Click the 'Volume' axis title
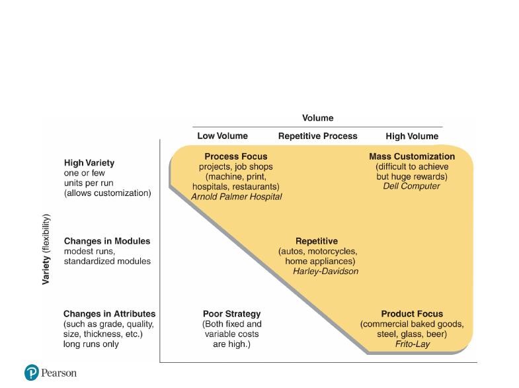pos(317,118)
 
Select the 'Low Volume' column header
pos(222,136)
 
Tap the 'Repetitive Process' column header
pos(318,136)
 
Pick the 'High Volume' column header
pos(412,136)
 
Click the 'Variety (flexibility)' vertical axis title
pos(46,250)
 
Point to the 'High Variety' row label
pos(89,163)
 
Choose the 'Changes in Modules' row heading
pos(107,241)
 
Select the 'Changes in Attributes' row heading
pos(109,314)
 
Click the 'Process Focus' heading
pos(235,156)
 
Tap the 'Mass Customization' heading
pos(412,156)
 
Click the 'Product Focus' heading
pos(412,314)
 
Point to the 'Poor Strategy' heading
pos(231,314)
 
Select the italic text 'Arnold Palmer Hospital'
pos(236,197)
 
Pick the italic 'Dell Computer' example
pos(411,186)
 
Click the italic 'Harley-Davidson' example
pos(325,271)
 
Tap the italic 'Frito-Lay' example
pos(413,344)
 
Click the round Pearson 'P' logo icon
pos(32,372)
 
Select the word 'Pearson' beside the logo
pos(59,373)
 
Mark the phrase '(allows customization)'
pos(107,193)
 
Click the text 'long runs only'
pos(91,344)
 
